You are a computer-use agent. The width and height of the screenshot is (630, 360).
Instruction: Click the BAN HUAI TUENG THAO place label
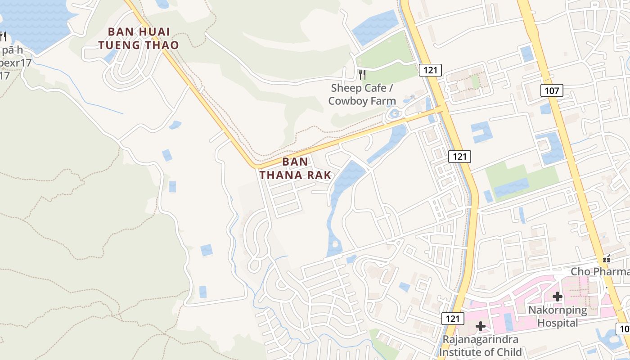click(139, 38)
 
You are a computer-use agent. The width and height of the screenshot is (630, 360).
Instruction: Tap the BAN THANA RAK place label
click(296, 168)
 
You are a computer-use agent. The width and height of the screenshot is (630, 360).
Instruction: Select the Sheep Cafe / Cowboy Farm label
click(362, 94)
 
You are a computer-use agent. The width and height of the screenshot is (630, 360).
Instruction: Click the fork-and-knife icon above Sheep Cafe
click(362, 74)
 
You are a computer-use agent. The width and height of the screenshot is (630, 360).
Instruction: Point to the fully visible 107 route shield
click(552, 91)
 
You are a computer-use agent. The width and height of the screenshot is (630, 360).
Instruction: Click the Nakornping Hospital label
click(558, 316)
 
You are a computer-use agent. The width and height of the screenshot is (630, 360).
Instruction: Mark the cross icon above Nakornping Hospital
click(558, 297)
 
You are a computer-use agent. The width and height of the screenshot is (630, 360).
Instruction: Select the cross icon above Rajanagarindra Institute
click(481, 325)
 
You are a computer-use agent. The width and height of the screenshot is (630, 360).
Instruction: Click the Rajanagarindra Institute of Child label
click(481, 346)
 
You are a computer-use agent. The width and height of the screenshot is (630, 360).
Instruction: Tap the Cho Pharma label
click(600, 272)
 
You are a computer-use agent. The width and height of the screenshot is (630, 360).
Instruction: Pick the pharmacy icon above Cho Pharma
click(607, 259)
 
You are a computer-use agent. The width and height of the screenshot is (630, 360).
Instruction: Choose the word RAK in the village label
click(319, 175)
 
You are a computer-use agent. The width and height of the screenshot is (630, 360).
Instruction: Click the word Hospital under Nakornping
click(558, 323)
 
